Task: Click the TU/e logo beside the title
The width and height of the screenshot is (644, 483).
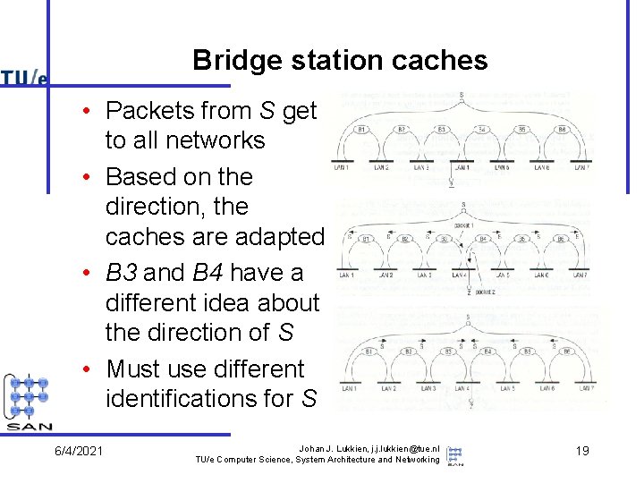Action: click(x=24, y=78)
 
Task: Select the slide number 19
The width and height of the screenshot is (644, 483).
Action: click(x=581, y=451)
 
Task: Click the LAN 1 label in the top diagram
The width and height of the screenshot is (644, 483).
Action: click(x=341, y=167)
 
